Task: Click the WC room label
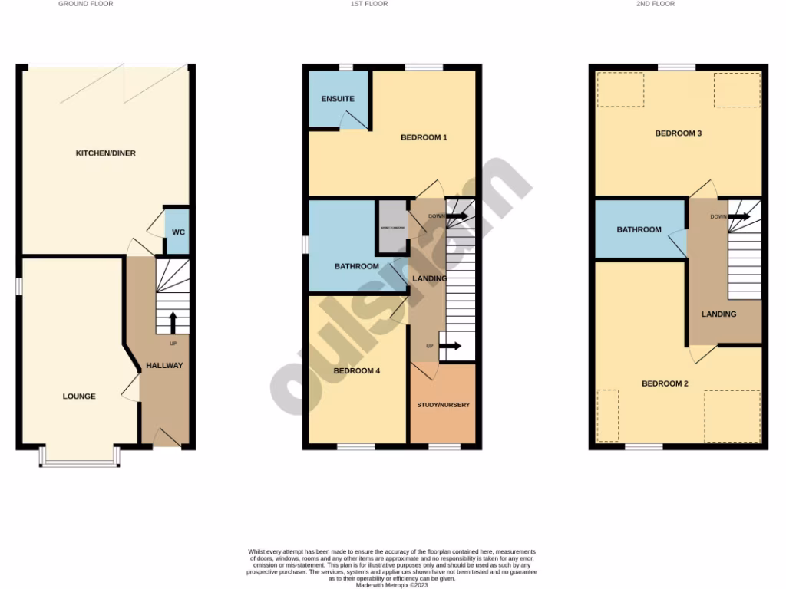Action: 177,232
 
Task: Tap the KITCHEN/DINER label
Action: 105,153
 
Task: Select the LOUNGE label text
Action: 79,397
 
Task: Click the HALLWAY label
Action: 164,366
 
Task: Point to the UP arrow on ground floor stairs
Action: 173,322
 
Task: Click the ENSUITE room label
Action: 338,99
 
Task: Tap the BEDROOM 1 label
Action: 424,138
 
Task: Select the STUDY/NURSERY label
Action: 443,405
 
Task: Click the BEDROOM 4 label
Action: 357,371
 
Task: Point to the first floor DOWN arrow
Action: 457,217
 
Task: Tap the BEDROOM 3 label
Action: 678,133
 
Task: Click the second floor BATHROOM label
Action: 639,229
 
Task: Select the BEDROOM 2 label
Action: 665,383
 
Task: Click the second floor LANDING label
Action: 718,314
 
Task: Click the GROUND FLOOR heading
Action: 86,4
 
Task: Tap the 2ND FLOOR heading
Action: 656,4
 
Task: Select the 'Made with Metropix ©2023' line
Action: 392,584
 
